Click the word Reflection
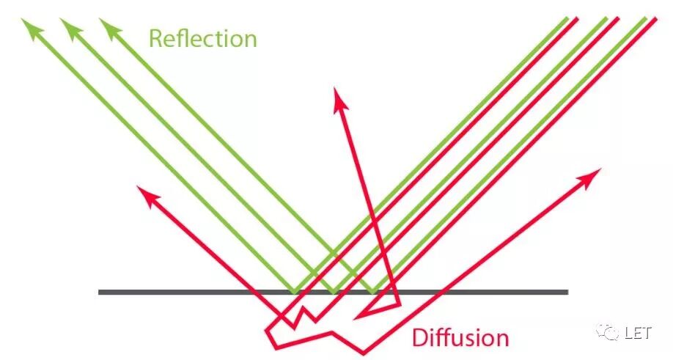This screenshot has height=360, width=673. [203, 38]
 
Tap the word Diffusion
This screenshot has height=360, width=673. [460, 338]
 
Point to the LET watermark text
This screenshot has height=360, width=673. [638, 333]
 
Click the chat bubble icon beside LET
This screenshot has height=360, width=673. [609, 333]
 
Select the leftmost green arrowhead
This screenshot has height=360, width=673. [32, 27]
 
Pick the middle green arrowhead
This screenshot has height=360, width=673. [70, 27]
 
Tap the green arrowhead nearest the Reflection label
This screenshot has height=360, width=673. [109, 27]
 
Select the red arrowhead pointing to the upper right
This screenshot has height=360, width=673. [592, 176]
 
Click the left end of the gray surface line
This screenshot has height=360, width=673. [100, 293]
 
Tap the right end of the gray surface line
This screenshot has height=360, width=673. [567, 293]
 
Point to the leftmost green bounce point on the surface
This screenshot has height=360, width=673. [295, 291]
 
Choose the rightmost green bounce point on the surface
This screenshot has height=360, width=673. [374, 291]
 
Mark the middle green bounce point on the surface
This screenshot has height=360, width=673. [334, 291]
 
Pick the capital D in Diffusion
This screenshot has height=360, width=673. [419, 338]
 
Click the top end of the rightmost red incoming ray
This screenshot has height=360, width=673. [652, 18]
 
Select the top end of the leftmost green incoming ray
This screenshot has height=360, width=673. [565, 18]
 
